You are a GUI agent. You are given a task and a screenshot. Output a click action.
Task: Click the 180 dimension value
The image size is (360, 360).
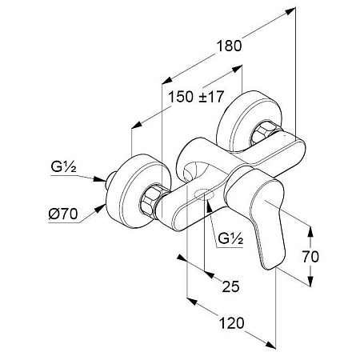(x=229, y=46)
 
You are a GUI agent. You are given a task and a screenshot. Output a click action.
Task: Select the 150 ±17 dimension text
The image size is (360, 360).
(x=196, y=97)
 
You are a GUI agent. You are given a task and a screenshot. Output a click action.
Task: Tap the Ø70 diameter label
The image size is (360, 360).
(x=63, y=214)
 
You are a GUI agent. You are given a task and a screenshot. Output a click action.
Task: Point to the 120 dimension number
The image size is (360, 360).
(x=231, y=323)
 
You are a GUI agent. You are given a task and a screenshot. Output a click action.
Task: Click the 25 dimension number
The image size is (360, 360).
(x=230, y=286)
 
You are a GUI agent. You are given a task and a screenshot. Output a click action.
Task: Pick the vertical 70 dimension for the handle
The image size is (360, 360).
(x=310, y=257)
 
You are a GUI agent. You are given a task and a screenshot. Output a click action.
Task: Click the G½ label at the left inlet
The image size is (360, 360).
(x=63, y=167)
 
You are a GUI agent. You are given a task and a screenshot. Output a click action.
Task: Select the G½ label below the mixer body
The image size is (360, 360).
(x=230, y=238)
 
